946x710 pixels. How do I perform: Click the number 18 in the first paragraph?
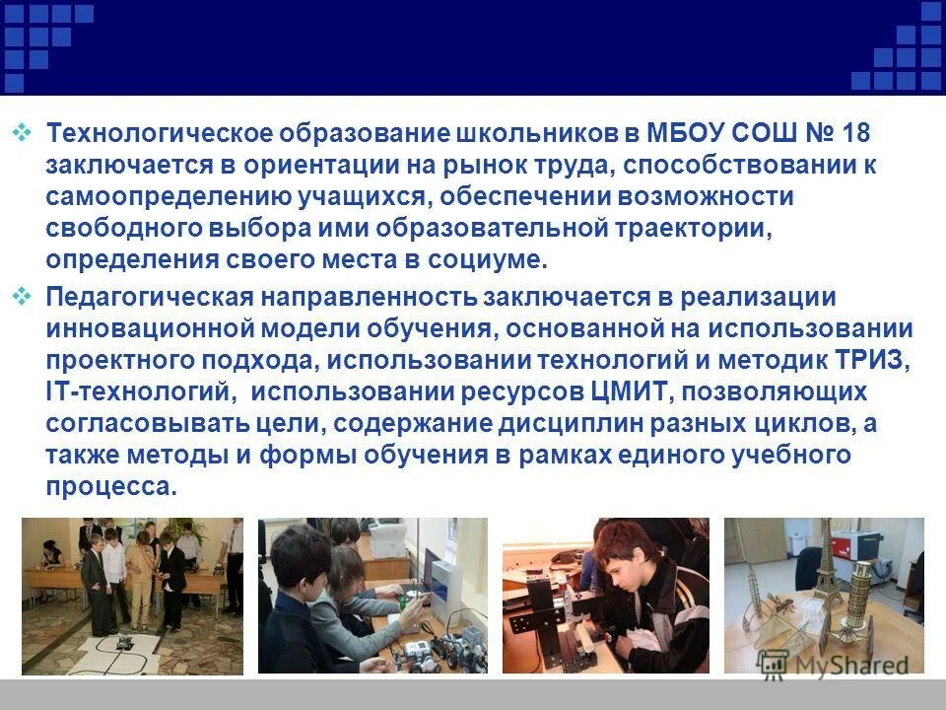[x=855, y=134]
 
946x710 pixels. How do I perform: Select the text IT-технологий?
[x=139, y=391]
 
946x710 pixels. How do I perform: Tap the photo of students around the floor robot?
[x=132, y=596]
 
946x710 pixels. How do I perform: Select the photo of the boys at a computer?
[x=372, y=596]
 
